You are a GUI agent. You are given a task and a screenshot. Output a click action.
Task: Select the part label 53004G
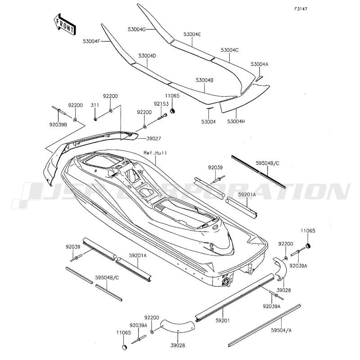coord(137,29)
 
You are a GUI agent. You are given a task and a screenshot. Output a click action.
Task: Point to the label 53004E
coord(192,34)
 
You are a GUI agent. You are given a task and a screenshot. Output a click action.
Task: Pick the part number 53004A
coord(259,64)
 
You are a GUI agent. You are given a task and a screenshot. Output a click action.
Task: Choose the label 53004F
coord(91,41)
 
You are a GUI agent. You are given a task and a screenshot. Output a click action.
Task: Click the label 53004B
coord(204,80)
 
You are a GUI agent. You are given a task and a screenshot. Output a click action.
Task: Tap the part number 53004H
coord(237,121)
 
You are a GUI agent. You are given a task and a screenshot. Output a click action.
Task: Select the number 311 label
coord(95,105)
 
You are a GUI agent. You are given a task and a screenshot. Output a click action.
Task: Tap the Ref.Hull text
coord(155,153)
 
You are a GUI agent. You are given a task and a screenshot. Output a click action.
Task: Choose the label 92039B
coord(59,125)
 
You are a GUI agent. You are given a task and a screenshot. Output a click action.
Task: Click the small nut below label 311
coord(95,119)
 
